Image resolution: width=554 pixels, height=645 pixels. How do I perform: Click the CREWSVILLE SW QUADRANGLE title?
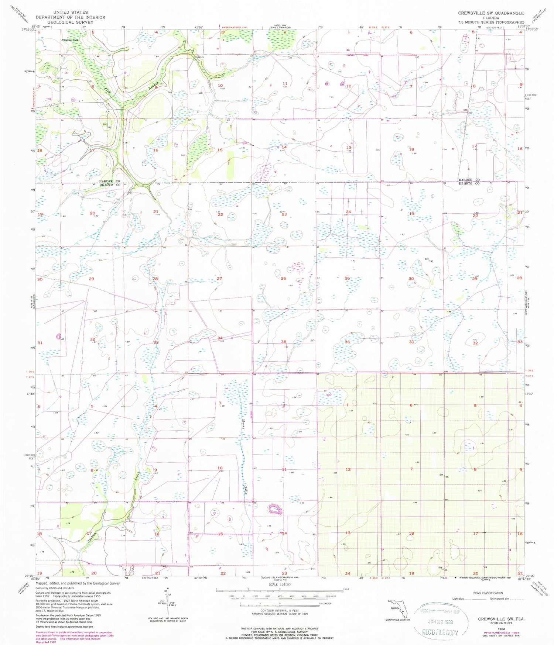coord(491,13)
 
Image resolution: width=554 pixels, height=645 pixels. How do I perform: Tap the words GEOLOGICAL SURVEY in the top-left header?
coord(70,22)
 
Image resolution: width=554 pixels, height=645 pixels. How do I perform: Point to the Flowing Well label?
coord(70,40)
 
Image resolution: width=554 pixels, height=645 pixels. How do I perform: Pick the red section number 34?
coord(220,338)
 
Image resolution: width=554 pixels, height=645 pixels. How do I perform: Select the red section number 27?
coord(219,278)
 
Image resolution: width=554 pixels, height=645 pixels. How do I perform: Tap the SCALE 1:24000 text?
coord(280,584)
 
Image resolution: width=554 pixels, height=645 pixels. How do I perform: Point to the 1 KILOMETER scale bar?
coord(280,604)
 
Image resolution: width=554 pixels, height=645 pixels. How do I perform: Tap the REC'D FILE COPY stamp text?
coord(440,632)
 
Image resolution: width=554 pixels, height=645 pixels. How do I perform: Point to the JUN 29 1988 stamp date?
coord(440,621)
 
